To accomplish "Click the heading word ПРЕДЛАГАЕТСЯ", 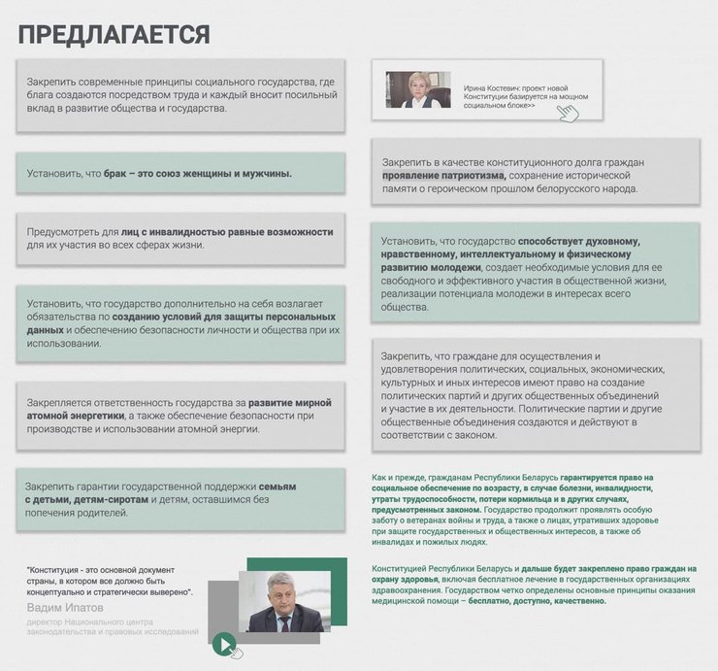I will pos(114,35).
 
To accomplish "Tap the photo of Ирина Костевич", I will pos(418,89).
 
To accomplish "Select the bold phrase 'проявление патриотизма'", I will pos(444,175).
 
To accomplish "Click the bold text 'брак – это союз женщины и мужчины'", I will pos(198,175).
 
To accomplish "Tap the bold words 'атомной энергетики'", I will pos(78,416).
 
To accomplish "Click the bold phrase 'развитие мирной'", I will pos(289,402).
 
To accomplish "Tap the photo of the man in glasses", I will pos(280,602).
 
